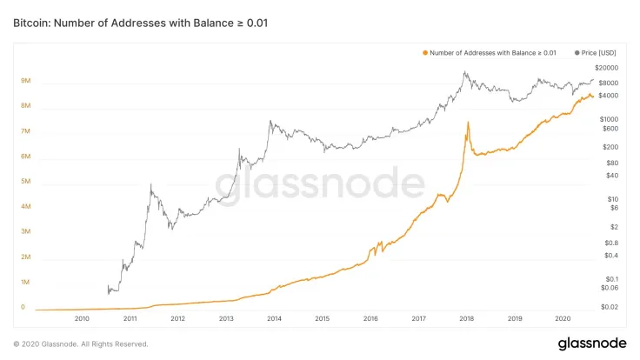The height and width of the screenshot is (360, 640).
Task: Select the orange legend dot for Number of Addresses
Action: click(x=424, y=53)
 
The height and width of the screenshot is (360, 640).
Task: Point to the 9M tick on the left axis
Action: click(x=26, y=81)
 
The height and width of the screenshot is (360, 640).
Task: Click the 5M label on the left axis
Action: click(x=26, y=182)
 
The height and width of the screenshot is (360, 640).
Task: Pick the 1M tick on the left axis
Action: click(x=26, y=283)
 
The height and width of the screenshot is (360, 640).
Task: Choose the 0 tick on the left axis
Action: click(x=23, y=307)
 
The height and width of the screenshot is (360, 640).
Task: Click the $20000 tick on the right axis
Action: click(x=607, y=67)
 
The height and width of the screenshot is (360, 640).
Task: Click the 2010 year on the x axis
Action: click(x=83, y=318)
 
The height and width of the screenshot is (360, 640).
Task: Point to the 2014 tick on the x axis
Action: click(x=275, y=318)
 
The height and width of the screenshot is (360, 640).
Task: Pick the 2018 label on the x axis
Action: click(x=467, y=318)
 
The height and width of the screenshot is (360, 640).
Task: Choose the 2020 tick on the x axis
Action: click(x=563, y=318)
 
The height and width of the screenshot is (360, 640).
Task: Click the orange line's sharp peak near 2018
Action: click(x=468, y=122)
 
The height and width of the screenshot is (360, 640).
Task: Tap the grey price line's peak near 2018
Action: click(x=466, y=73)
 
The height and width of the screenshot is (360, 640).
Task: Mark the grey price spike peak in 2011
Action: click(x=151, y=184)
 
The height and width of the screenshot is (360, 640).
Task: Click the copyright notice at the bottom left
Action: click(x=74, y=343)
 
